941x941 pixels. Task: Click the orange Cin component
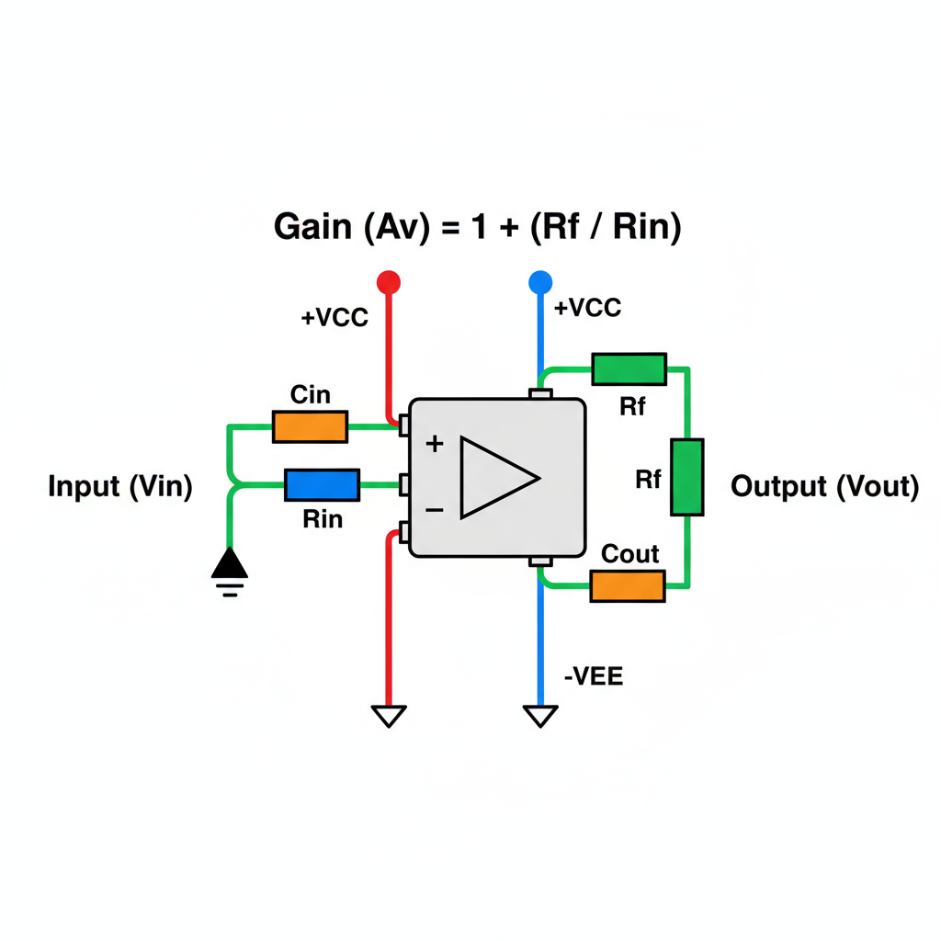pyautogui.click(x=310, y=426)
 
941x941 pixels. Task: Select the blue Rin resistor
pyautogui.click(x=322, y=483)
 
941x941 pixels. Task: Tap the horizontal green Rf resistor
pyautogui.click(x=629, y=368)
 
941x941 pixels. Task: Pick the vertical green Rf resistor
pyautogui.click(x=687, y=477)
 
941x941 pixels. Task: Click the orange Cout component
pyautogui.click(x=627, y=585)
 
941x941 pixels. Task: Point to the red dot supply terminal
pyautogui.click(x=389, y=281)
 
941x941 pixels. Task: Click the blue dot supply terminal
pyautogui.click(x=539, y=281)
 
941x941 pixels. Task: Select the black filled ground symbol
pyautogui.click(x=229, y=563)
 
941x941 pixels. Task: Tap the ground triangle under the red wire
pyautogui.click(x=389, y=715)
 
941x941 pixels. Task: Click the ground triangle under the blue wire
pyautogui.click(x=539, y=715)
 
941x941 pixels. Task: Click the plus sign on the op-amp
pyautogui.click(x=435, y=445)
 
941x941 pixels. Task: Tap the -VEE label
pyautogui.click(x=593, y=678)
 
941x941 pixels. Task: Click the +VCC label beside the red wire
pyautogui.click(x=334, y=318)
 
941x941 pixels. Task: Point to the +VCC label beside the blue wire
pyautogui.click(x=588, y=308)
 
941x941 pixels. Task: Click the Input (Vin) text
pyautogui.click(x=120, y=487)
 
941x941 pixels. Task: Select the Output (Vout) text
pyautogui.click(x=824, y=487)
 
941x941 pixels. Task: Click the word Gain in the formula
pyautogui.click(x=313, y=227)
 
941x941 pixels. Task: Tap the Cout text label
pyautogui.click(x=630, y=554)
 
